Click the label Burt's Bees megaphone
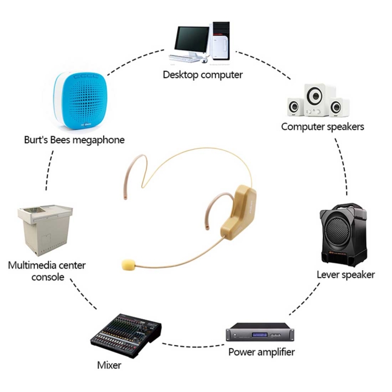[74, 140]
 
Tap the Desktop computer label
[203, 75]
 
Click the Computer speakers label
[322, 126]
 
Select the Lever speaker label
[345, 274]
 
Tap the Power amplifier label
[261, 352]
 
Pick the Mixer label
[109, 365]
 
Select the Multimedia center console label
[47, 271]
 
